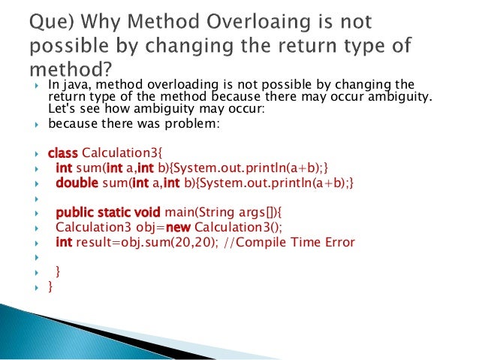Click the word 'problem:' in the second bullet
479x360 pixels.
pos(197,124)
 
